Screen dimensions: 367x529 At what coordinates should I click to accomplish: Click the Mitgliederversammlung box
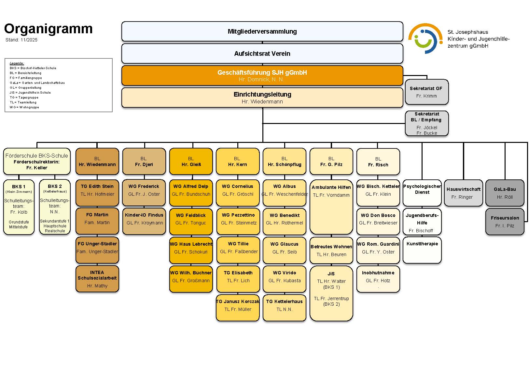(262, 31)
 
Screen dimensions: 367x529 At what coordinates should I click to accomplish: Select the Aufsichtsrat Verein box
(262, 54)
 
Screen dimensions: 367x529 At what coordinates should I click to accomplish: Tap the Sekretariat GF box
(426, 92)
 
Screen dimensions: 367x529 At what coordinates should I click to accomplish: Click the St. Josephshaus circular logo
(425, 38)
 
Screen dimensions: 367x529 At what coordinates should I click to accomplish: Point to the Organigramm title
(49, 29)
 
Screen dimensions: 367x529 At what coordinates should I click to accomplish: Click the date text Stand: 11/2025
(21, 40)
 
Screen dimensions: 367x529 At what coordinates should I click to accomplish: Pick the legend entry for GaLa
(37, 83)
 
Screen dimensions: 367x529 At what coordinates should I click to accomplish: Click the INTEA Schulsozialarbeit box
(97, 279)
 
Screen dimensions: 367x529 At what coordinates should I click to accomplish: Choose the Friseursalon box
(505, 222)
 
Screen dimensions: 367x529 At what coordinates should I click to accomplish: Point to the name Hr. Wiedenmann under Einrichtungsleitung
(262, 102)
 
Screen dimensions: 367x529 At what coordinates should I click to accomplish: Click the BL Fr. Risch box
(378, 162)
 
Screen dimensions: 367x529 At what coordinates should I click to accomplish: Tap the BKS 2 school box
(55, 207)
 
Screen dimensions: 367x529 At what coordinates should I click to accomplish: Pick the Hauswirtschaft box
(463, 193)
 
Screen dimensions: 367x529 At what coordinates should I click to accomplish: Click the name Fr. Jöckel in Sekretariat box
(426, 128)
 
